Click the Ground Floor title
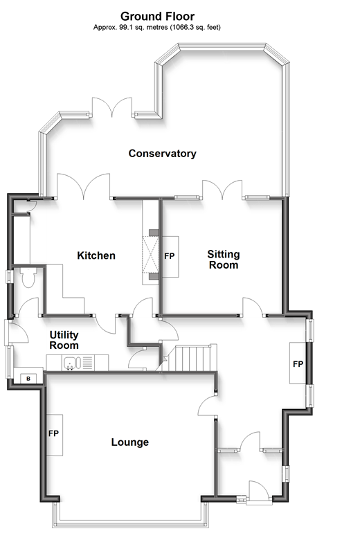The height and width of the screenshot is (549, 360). click(158, 17)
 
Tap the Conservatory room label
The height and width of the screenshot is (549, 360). click(162, 154)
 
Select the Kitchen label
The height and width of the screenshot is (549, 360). click(96, 255)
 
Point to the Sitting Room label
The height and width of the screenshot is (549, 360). click(224, 260)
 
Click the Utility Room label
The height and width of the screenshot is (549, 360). click(64, 340)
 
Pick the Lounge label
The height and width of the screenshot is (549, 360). click(130, 442)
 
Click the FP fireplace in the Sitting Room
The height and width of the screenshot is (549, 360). click(170, 256)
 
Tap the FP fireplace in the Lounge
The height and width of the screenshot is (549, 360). click(54, 434)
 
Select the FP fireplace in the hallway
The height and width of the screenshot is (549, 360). click(298, 363)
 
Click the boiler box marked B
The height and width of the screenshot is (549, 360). click(28, 379)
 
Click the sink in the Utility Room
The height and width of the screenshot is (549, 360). click(72, 363)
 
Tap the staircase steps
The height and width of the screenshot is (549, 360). click(191, 358)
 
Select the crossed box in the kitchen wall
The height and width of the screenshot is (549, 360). click(151, 254)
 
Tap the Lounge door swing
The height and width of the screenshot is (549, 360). click(208, 406)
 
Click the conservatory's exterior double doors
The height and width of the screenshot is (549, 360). click(112, 107)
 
